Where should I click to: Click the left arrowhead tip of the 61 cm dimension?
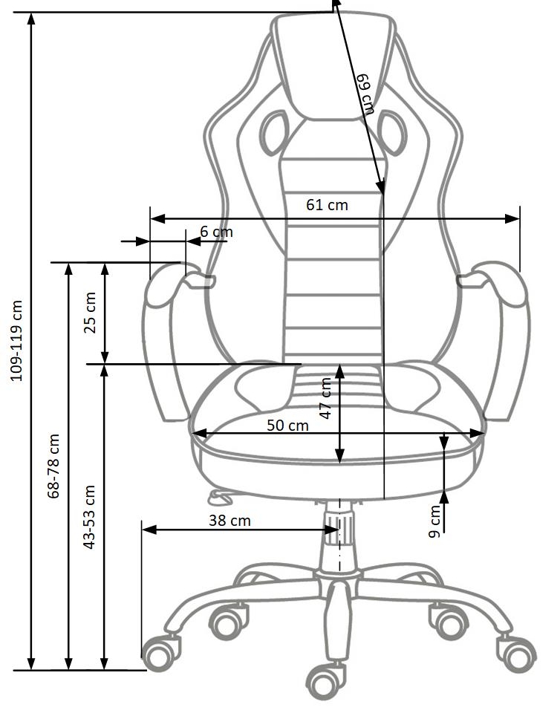[151, 219]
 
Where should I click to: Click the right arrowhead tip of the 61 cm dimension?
[520, 219]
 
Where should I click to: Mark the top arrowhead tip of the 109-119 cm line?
[31, 13]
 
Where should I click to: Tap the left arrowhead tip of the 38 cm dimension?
[143, 530]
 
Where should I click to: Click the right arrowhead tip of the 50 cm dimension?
[484, 433]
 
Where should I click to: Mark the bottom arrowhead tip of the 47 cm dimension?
[339, 463]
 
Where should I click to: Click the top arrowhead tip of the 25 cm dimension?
[105, 263]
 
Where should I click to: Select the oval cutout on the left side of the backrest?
[273, 133]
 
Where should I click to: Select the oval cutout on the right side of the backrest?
[391, 132]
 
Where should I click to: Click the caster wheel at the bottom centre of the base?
[325, 683]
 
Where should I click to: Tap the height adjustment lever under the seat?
[221, 497]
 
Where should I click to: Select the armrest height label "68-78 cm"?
[53, 466]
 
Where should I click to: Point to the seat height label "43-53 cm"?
[90, 517]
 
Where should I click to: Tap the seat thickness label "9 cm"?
[434, 521]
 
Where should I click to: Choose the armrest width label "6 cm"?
[216, 232]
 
